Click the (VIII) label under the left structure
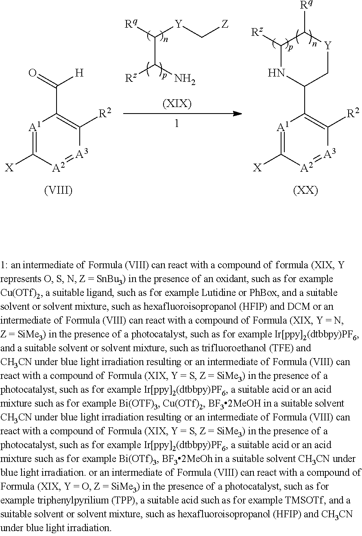[x=58, y=190]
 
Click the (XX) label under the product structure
[x=305, y=190]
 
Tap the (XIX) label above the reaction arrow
[x=177, y=104]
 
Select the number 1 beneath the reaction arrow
[x=177, y=123]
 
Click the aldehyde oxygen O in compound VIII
[x=33, y=74]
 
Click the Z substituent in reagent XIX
[x=225, y=25]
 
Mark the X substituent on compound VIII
[x=9, y=168]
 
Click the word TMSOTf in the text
[x=307, y=500]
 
